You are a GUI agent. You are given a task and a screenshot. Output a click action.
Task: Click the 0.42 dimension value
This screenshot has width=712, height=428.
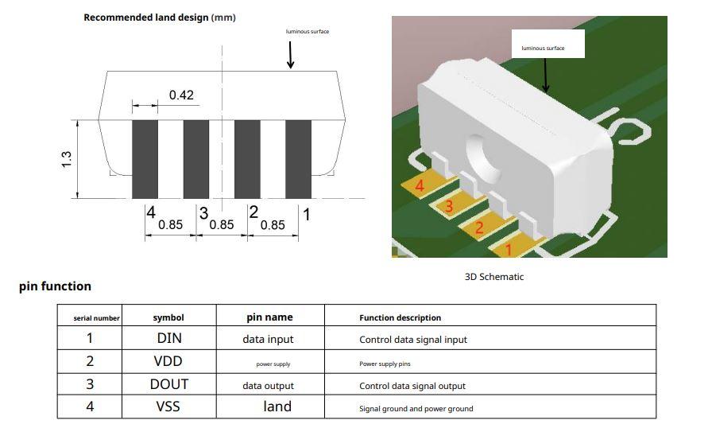click(181, 95)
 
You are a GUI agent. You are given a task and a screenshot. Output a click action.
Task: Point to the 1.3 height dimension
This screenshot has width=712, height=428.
click(66, 159)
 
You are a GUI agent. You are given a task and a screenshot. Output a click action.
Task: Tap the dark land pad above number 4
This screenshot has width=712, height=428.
click(145, 159)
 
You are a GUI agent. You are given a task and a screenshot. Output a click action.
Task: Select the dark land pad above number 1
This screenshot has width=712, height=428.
click(298, 159)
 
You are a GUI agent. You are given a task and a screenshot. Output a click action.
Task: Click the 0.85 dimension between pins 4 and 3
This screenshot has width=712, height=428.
click(170, 225)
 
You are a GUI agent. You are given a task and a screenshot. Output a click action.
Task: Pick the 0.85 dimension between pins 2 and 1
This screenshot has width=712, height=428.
click(273, 225)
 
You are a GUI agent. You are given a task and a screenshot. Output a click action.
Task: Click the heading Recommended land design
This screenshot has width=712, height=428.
click(145, 18)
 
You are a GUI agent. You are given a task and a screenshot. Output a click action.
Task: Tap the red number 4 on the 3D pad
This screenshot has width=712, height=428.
click(420, 185)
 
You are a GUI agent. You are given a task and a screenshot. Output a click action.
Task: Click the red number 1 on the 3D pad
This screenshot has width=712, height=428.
click(509, 250)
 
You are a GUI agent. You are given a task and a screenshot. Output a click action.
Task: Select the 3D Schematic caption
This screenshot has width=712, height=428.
click(494, 277)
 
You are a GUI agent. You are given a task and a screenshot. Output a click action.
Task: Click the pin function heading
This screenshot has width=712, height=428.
click(55, 286)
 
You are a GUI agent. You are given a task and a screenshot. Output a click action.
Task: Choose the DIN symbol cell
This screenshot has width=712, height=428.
click(169, 338)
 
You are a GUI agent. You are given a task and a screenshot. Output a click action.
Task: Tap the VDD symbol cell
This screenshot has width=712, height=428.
click(168, 361)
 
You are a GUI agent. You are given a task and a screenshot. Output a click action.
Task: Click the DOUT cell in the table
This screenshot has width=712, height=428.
click(169, 384)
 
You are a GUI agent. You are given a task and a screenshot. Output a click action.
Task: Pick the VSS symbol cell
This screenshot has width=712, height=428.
click(168, 407)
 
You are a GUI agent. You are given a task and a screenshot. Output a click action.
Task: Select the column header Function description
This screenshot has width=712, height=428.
click(400, 318)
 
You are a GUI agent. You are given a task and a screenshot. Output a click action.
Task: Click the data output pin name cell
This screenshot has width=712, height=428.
click(268, 386)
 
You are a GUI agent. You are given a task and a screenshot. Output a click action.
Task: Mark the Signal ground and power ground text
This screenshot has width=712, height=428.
click(416, 409)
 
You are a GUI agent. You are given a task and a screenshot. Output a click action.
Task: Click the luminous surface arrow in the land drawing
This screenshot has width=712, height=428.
click(290, 55)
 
